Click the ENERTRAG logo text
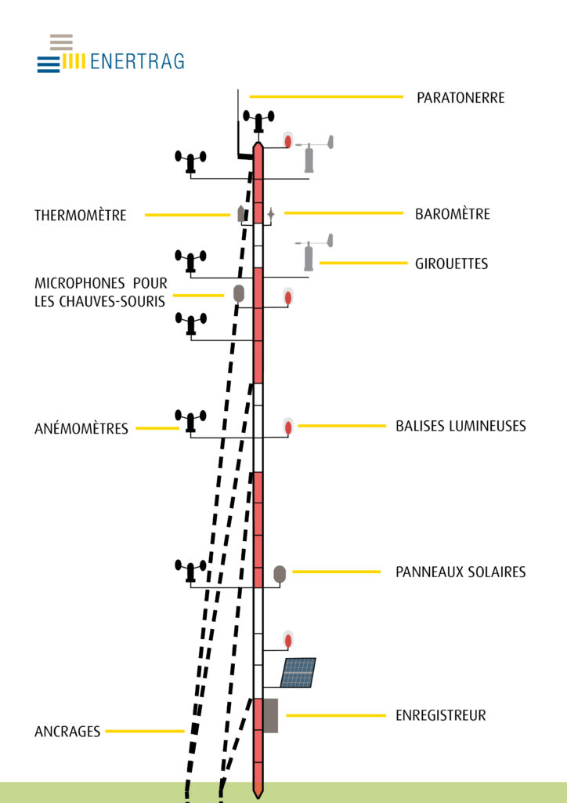pyautogui.click(x=137, y=61)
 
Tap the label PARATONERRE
pyautogui.click(x=460, y=98)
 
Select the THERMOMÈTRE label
pyautogui.click(x=80, y=215)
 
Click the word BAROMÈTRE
pyautogui.click(x=453, y=213)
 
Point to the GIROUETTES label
pyautogui.click(x=451, y=263)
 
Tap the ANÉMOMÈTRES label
pyautogui.click(x=81, y=428)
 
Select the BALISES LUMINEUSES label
pyautogui.click(x=460, y=426)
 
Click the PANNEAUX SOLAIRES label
pyautogui.click(x=460, y=572)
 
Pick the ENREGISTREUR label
pyautogui.click(x=441, y=715)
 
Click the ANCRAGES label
pyautogui.click(x=67, y=732)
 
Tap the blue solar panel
pyautogui.click(x=298, y=672)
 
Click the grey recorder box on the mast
pyautogui.click(x=270, y=715)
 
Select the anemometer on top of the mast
pyautogui.click(x=258, y=122)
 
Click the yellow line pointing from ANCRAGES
pyautogui.click(x=145, y=732)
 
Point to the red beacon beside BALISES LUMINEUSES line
pyautogui.click(x=288, y=427)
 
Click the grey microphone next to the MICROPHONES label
pyautogui.click(x=238, y=294)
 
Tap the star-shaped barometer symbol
pyautogui.click(x=271, y=213)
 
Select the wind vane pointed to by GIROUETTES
pyautogui.click(x=313, y=252)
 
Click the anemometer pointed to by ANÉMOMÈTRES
pyautogui.click(x=191, y=421)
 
